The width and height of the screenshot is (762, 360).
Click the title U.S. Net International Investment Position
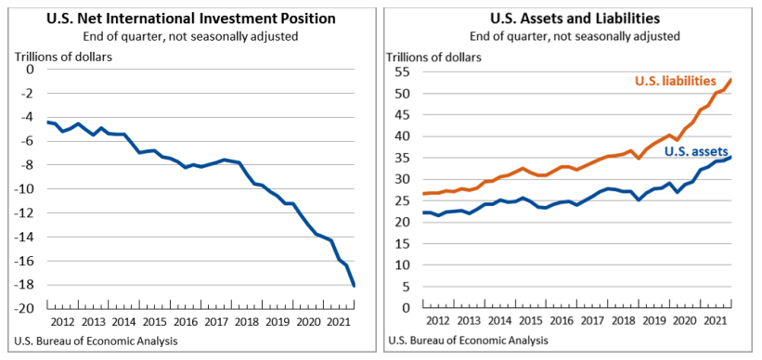coord(190,18)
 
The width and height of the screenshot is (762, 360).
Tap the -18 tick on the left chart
coord(26,285)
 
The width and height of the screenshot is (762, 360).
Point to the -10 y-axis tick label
coord(26,189)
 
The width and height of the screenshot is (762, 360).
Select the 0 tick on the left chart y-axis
coord(30,70)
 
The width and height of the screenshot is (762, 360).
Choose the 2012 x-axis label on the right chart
coord(436,321)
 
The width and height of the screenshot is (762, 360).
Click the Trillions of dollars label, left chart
coord(62,56)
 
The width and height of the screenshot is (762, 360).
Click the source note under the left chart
coord(97,341)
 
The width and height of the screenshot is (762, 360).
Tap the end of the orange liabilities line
coord(731,79)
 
